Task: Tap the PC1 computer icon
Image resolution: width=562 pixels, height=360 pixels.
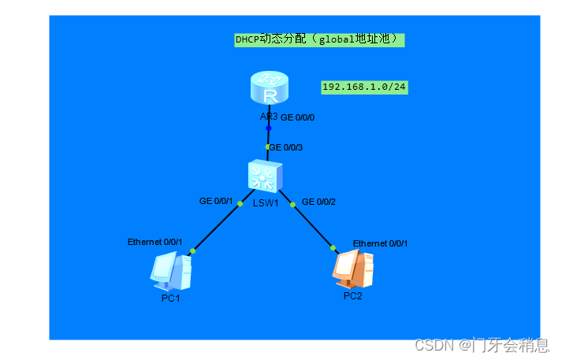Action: tap(171, 272)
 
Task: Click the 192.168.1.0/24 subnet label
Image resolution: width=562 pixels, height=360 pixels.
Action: tap(364, 87)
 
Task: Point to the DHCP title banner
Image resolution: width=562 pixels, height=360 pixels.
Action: tap(319, 39)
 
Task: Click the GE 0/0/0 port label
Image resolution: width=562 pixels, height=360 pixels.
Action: tap(297, 117)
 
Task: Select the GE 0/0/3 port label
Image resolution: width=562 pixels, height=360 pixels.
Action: tap(285, 147)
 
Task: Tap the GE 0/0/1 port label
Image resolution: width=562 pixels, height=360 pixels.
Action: tap(216, 201)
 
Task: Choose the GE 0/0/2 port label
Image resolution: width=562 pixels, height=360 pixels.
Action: tap(318, 201)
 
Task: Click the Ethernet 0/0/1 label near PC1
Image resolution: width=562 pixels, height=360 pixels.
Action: tap(154, 242)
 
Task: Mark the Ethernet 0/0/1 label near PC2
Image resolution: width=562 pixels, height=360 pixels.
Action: tap(380, 243)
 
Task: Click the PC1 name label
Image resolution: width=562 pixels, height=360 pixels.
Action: tap(171, 298)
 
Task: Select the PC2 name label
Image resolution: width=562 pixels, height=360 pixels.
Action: tap(352, 295)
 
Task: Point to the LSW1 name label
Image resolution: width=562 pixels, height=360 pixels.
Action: tap(266, 203)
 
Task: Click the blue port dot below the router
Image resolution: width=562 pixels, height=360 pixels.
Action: tap(268, 128)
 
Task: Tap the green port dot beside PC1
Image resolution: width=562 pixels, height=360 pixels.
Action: tap(192, 251)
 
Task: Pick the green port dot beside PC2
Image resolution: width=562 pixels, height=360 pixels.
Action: tap(334, 247)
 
